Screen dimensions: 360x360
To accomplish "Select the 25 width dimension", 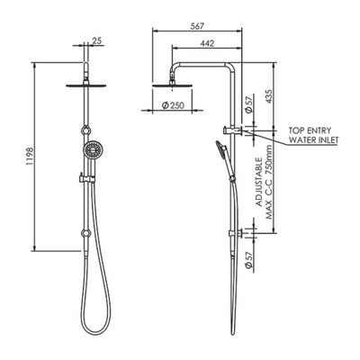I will coord(98,40).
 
